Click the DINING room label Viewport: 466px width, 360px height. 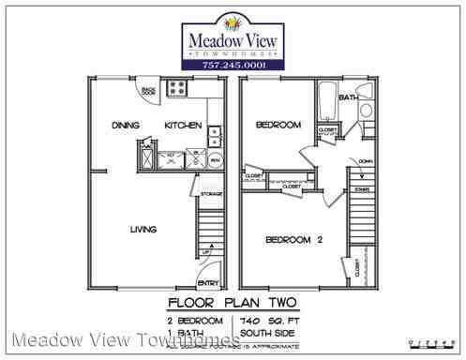125,125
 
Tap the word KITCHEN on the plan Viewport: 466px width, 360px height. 183,125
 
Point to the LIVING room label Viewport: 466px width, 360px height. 143,230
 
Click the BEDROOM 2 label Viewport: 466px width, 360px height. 293,240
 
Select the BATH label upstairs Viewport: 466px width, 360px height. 348,97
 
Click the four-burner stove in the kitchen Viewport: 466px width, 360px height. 176,89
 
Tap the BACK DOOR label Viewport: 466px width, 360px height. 147,91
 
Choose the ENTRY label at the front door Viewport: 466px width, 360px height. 207,283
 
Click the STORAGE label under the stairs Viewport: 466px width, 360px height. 212,194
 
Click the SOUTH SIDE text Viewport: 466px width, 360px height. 265,332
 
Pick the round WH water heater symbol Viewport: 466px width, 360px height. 215,159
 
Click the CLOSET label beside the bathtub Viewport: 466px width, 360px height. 327,129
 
